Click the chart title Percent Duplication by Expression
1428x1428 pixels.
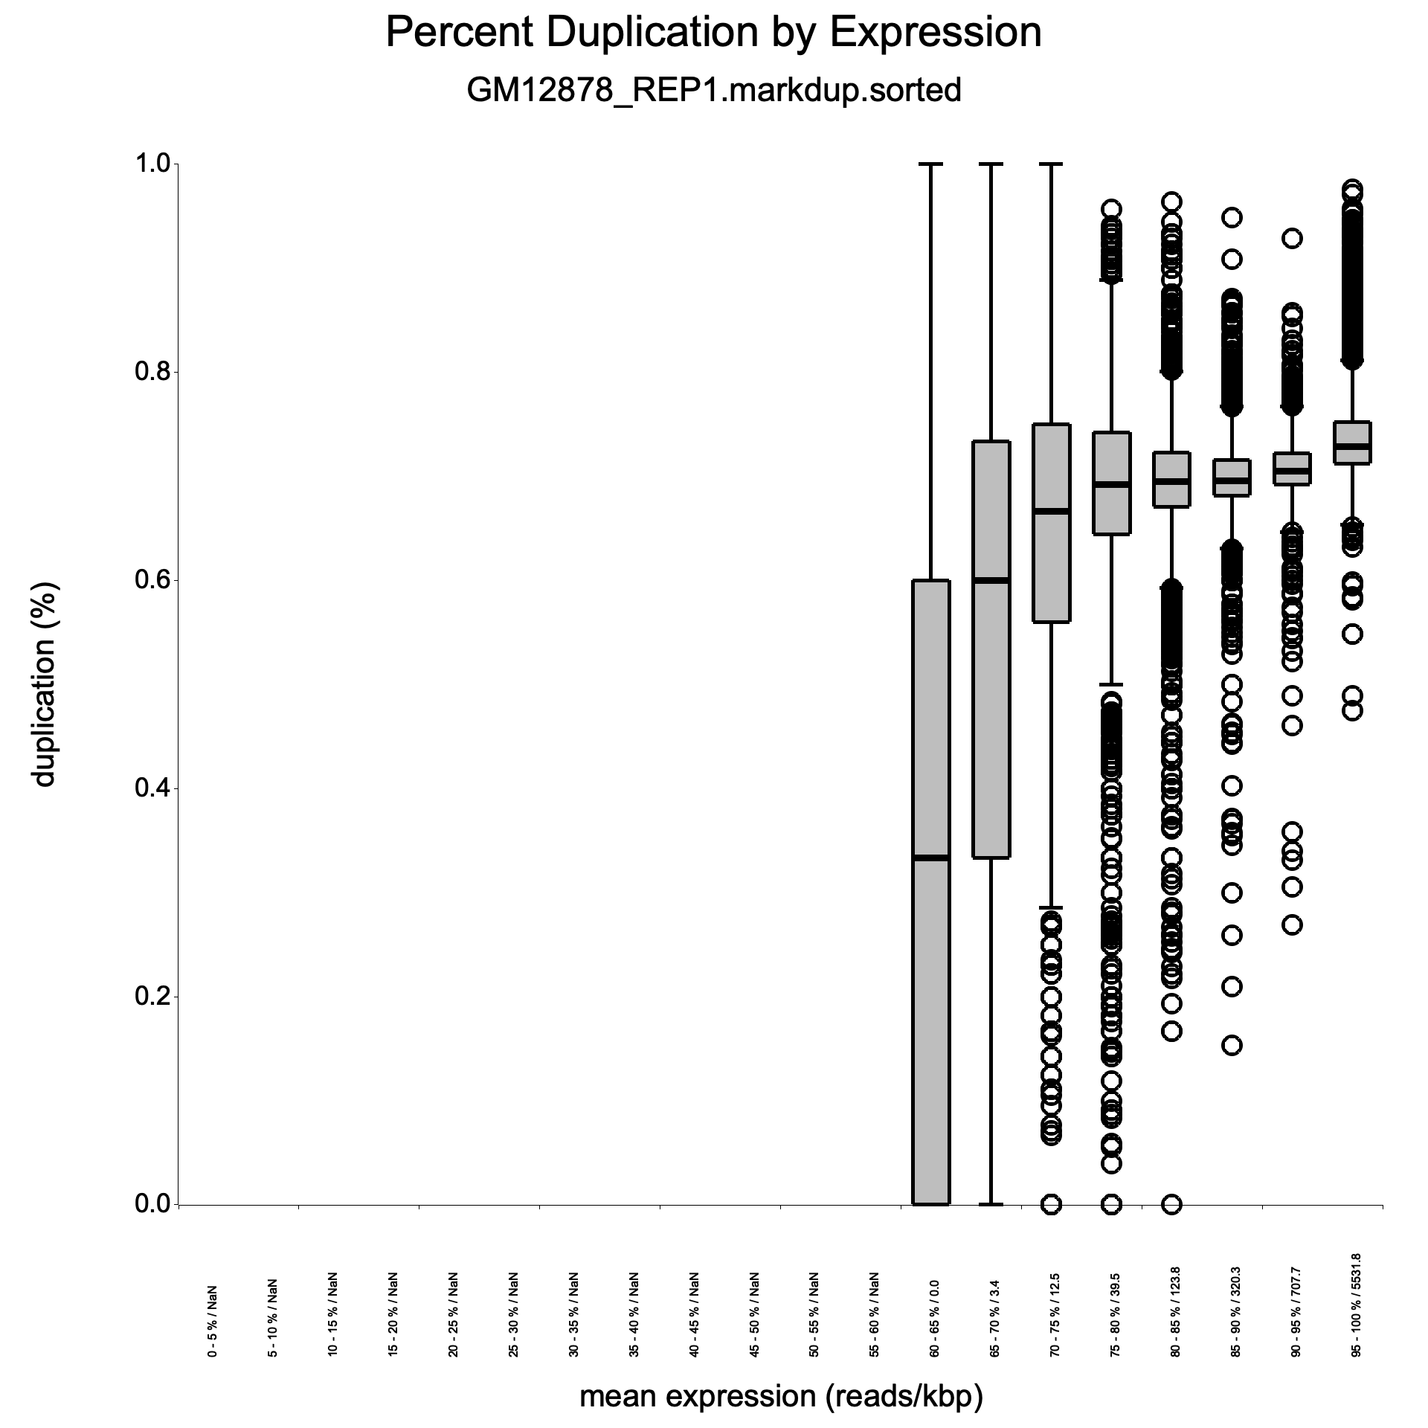tap(713, 33)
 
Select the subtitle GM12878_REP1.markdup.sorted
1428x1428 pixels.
tap(713, 90)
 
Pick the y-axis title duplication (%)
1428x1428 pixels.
tap(44, 684)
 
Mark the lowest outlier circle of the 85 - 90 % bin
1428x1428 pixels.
tap(1232, 1045)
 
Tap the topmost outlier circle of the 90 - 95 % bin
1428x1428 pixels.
tap(1293, 238)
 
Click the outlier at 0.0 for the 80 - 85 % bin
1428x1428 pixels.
tap(1172, 1203)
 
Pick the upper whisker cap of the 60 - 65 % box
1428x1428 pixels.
tap(931, 164)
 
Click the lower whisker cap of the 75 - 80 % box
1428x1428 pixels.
tap(1112, 684)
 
